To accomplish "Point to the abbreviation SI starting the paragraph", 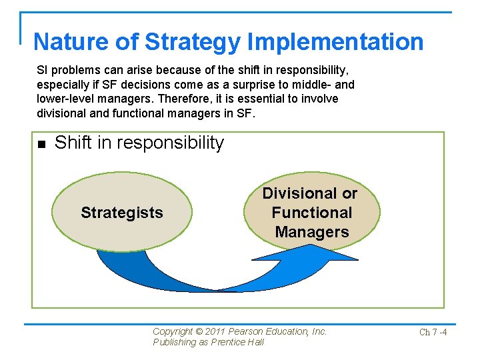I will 43,70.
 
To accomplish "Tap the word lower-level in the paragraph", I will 65,99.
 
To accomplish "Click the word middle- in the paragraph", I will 313,85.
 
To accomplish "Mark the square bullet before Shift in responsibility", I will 41,144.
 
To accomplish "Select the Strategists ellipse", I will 121,213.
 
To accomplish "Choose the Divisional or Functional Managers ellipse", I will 311,213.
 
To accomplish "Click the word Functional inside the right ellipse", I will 311,213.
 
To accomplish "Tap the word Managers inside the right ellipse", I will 311,232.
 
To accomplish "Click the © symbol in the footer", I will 199,331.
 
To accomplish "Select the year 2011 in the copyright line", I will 216,331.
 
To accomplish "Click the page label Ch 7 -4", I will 433,332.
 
